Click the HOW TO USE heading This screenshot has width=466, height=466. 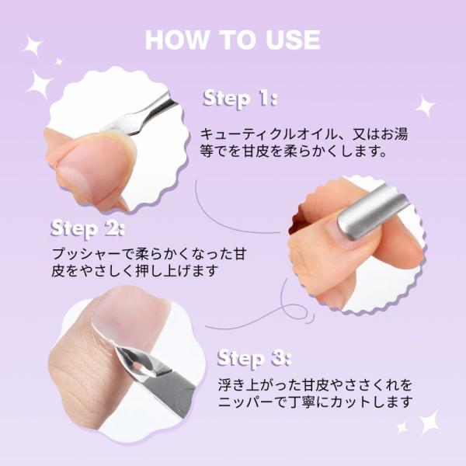233,40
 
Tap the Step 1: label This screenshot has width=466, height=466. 240,98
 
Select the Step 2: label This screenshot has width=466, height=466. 87,229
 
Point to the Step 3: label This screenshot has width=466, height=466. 253,358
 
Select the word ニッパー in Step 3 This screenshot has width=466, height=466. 246,402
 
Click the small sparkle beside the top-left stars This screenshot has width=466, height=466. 59,62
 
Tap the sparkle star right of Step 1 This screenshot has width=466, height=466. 425,106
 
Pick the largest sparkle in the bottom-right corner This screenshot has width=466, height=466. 428,423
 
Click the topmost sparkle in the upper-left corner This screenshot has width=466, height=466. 33,46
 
